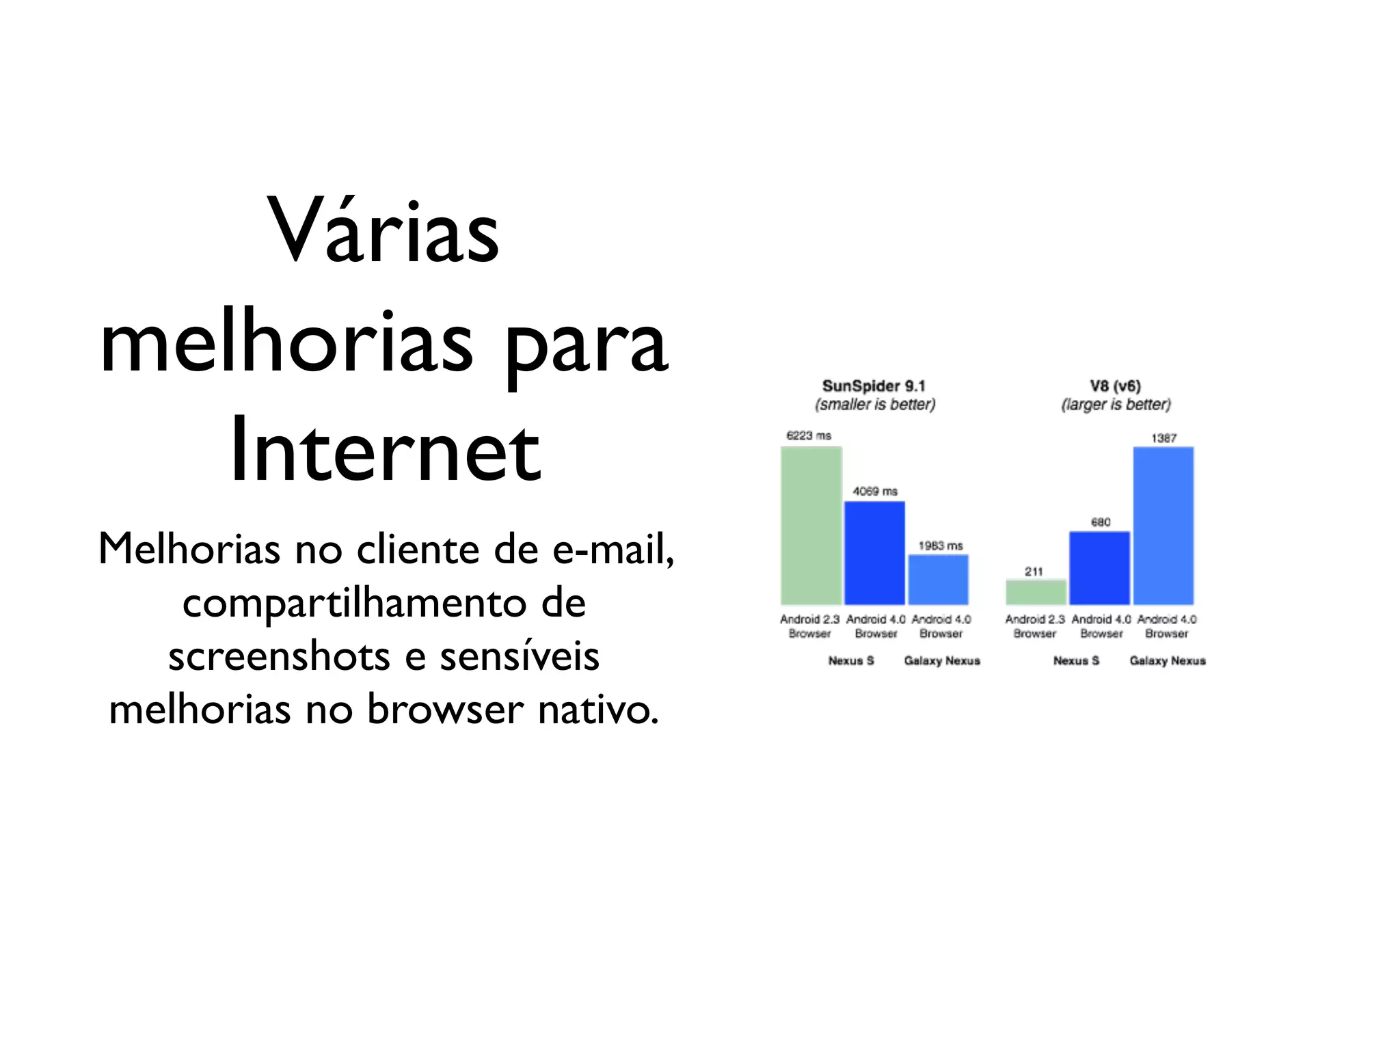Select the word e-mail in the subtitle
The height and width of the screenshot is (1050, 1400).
[x=612, y=549]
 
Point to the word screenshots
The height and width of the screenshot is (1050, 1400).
[x=280, y=656]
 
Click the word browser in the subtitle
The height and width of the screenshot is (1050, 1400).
[x=445, y=710]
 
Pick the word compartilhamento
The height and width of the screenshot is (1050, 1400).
[x=354, y=603]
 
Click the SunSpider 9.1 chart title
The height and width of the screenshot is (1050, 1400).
[x=874, y=386]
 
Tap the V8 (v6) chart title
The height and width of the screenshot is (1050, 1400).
[x=1115, y=386]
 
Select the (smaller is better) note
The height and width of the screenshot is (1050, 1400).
[x=875, y=405]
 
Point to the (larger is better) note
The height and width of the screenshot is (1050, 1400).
[x=1116, y=405]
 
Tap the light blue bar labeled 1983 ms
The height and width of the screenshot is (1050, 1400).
[x=938, y=579]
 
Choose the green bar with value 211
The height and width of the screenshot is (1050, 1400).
[x=1036, y=592]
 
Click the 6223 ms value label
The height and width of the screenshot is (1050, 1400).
[x=809, y=435]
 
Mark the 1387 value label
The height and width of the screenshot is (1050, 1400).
[x=1163, y=438]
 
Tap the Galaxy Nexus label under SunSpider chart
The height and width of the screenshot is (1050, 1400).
[x=942, y=661]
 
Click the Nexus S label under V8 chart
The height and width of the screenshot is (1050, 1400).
[x=1076, y=661]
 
